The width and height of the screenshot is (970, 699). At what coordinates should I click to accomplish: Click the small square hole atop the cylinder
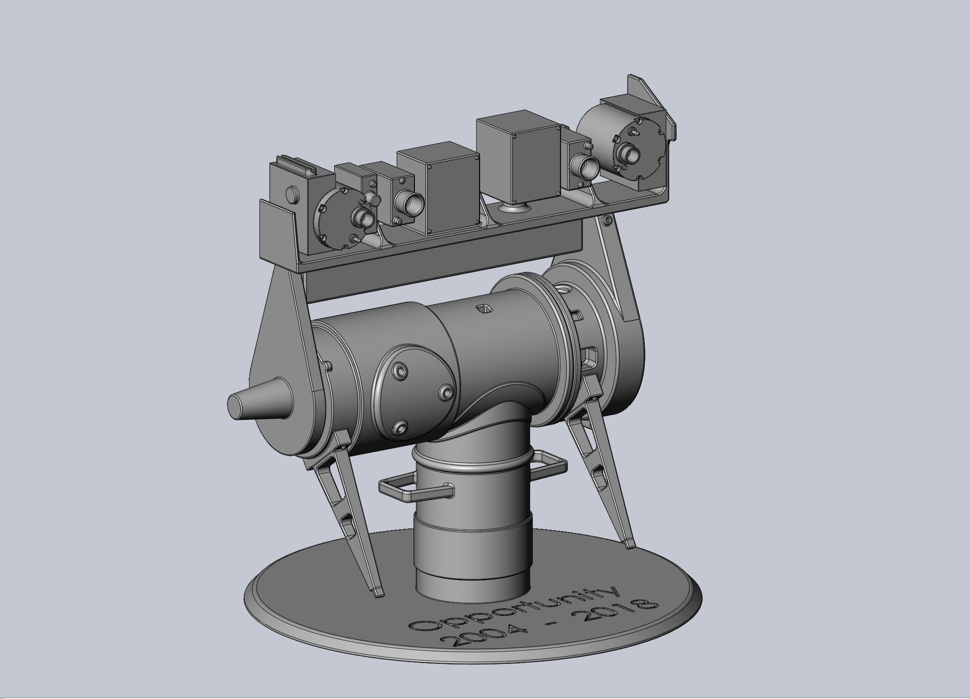484,309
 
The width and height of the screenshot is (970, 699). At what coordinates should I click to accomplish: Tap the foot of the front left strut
378,593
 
